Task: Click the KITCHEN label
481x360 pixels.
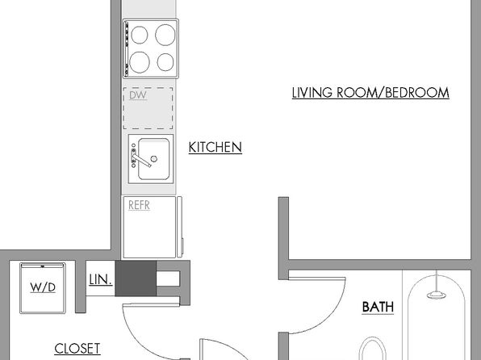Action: tap(215, 147)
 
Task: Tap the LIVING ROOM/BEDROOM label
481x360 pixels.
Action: tap(370, 93)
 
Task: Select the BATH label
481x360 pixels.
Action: tap(378, 307)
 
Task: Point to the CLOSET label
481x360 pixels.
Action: tap(77, 349)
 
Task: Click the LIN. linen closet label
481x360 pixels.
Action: tap(100, 279)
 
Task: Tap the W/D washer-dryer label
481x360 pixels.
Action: tap(43, 287)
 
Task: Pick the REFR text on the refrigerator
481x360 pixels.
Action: tap(139, 205)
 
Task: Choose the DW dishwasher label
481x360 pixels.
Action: tap(138, 95)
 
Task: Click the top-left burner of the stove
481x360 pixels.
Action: tap(140, 35)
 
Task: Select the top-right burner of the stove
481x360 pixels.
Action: tap(165, 35)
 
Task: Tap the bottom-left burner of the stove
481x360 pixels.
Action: tap(140, 62)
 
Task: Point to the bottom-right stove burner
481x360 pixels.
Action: tap(165, 62)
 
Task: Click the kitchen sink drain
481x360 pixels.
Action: tap(154, 159)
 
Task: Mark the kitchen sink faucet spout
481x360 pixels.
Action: tap(142, 161)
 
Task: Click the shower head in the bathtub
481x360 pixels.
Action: tap(437, 295)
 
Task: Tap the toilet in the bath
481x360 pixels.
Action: tap(373, 349)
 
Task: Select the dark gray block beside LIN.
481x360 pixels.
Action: tap(136, 278)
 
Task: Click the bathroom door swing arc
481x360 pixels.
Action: tap(325, 316)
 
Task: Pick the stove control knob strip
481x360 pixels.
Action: tap(127, 48)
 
